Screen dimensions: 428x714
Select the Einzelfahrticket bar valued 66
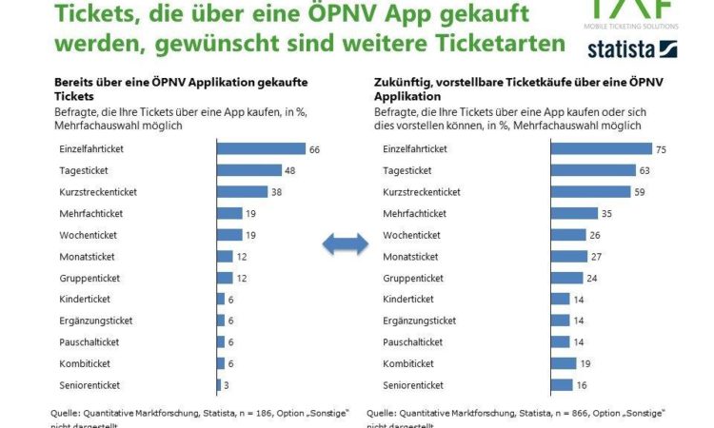click(261, 148)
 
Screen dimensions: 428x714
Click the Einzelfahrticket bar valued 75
click(601, 148)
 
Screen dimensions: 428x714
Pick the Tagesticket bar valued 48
click(249, 170)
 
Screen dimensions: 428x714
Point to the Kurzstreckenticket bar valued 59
click(590, 192)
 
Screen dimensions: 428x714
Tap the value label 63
click(645, 170)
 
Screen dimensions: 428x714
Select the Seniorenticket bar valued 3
click(218, 384)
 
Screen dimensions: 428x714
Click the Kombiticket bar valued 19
click(563, 362)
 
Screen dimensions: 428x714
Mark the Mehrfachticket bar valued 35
click(573, 213)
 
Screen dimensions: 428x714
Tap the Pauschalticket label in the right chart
click(412, 341)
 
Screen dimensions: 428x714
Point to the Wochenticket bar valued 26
click(567, 235)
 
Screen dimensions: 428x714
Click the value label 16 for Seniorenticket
click(581, 384)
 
